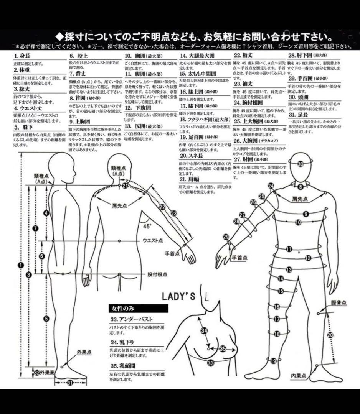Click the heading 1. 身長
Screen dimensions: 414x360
click(x=22, y=56)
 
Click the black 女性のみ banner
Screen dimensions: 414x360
click(x=138, y=308)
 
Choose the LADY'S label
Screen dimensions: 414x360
click(x=178, y=296)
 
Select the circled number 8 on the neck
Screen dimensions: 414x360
click(x=301, y=187)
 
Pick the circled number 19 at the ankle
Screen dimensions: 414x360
click(x=274, y=361)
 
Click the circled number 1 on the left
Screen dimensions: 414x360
click(x=21, y=264)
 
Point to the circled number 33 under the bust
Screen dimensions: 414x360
click(x=211, y=362)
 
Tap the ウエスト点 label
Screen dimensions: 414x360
click(x=152, y=240)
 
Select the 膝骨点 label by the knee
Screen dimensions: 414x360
click(x=339, y=303)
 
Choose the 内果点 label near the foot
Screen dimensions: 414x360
click(x=297, y=376)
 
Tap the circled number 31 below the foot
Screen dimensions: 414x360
click(x=70, y=382)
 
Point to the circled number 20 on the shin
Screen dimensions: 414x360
click(x=330, y=335)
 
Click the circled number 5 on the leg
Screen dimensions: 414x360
click(x=46, y=319)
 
